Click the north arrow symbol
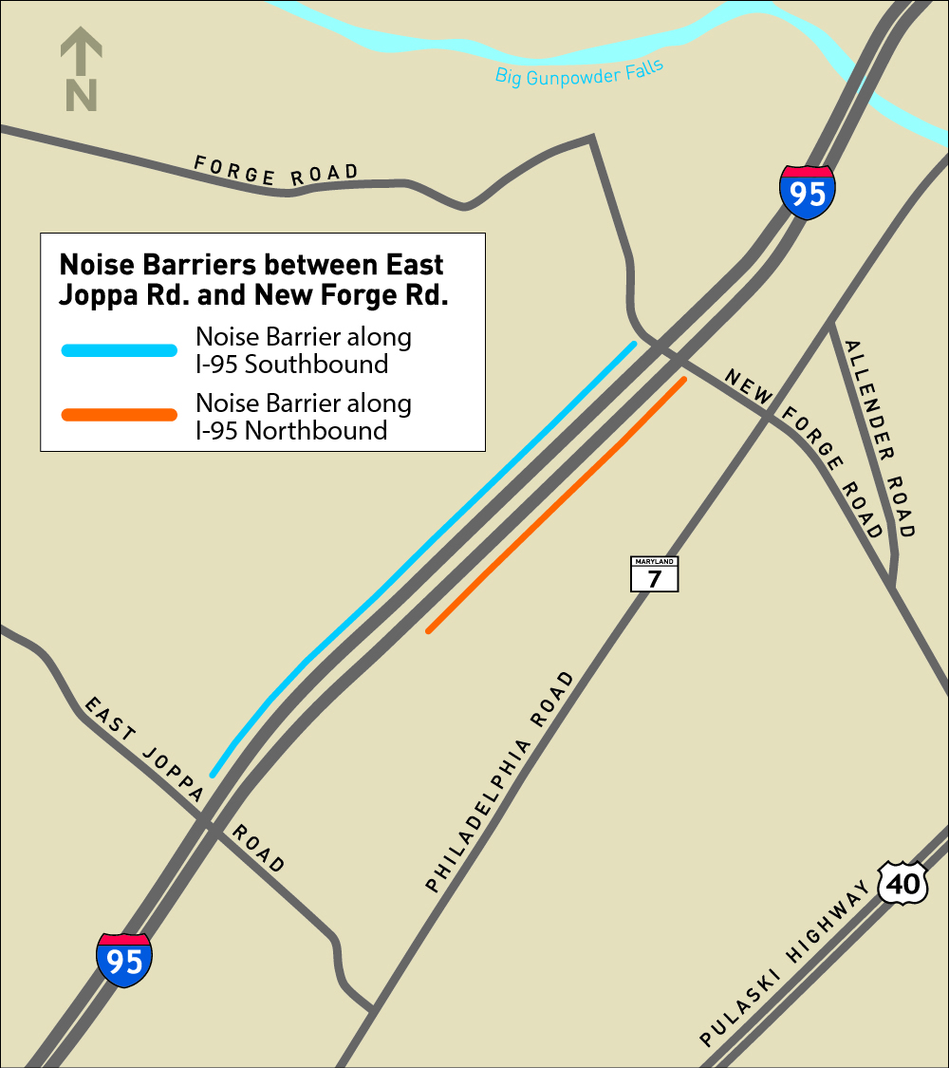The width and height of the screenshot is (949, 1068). coord(82,68)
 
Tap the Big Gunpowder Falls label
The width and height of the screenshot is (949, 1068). coord(579,73)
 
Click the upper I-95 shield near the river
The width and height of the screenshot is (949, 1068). coord(808,193)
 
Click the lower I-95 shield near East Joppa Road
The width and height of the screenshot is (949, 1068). coord(124,960)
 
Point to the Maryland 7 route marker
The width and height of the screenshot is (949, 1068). coord(655,574)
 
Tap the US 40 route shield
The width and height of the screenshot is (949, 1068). coord(902,884)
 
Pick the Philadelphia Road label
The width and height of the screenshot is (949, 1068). coord(501,782)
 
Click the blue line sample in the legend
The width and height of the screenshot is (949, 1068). coord(120,350)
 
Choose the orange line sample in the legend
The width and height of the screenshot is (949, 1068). coord(120,415)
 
